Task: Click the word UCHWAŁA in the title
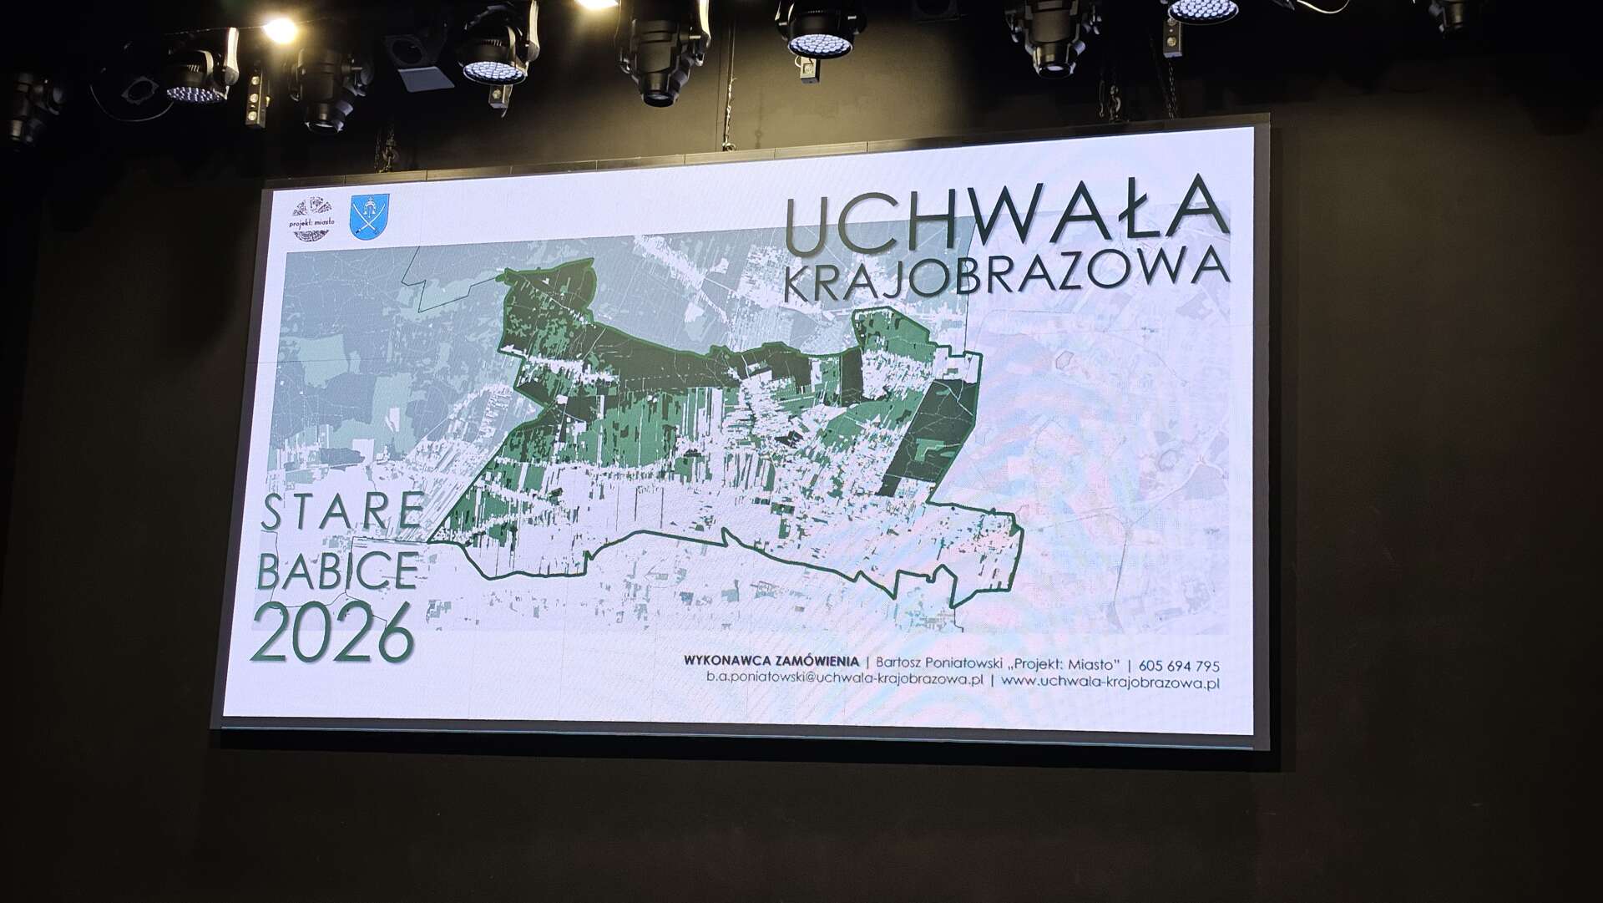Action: (1006, 217)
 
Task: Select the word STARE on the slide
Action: (341, 511)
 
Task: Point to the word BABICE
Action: (338, 571)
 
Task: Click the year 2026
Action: (333, 632)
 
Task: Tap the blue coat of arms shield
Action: (369, 217)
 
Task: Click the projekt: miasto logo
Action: (311, 220)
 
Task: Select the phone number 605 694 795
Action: (1179, 666)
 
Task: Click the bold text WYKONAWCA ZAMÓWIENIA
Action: (771, 662)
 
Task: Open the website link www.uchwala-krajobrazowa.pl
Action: (1110, 682)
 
